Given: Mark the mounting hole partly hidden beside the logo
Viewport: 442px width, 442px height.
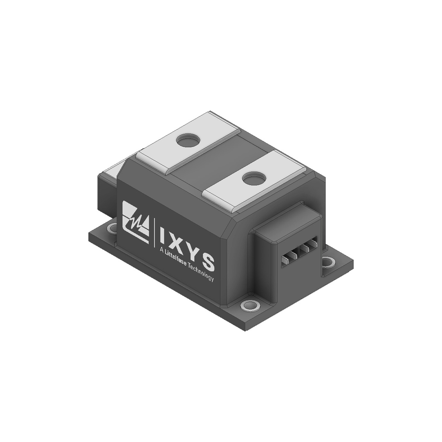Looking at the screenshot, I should click(113, 228).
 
